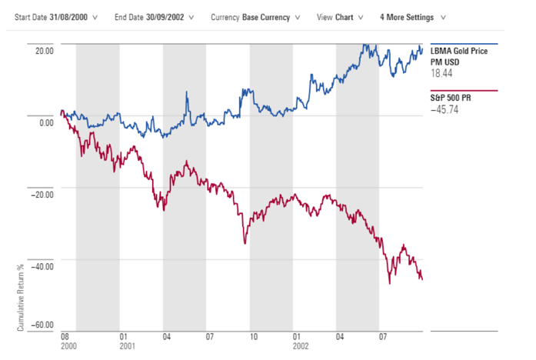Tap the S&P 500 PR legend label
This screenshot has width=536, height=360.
pyautogui.click(x=448, y=98)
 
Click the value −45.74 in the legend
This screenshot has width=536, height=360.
pyautogui.click(x=444, y=110)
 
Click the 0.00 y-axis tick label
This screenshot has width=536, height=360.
pyautogui.click(x=45, y=122)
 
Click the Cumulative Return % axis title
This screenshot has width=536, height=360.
pyautogui.click(x=21, y=297)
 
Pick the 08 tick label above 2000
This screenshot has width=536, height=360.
pyautogui.click(x=65, y=337)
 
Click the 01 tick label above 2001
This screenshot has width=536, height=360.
pyautogui.click(x=123, y=337)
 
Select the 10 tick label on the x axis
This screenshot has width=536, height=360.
pyautogui.click(x=253, y=337)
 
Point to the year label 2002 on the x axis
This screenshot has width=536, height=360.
pyautogui.click(x=301, y=346)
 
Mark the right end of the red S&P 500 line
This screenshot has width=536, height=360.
pyautogui.click(x=421, y=279)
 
